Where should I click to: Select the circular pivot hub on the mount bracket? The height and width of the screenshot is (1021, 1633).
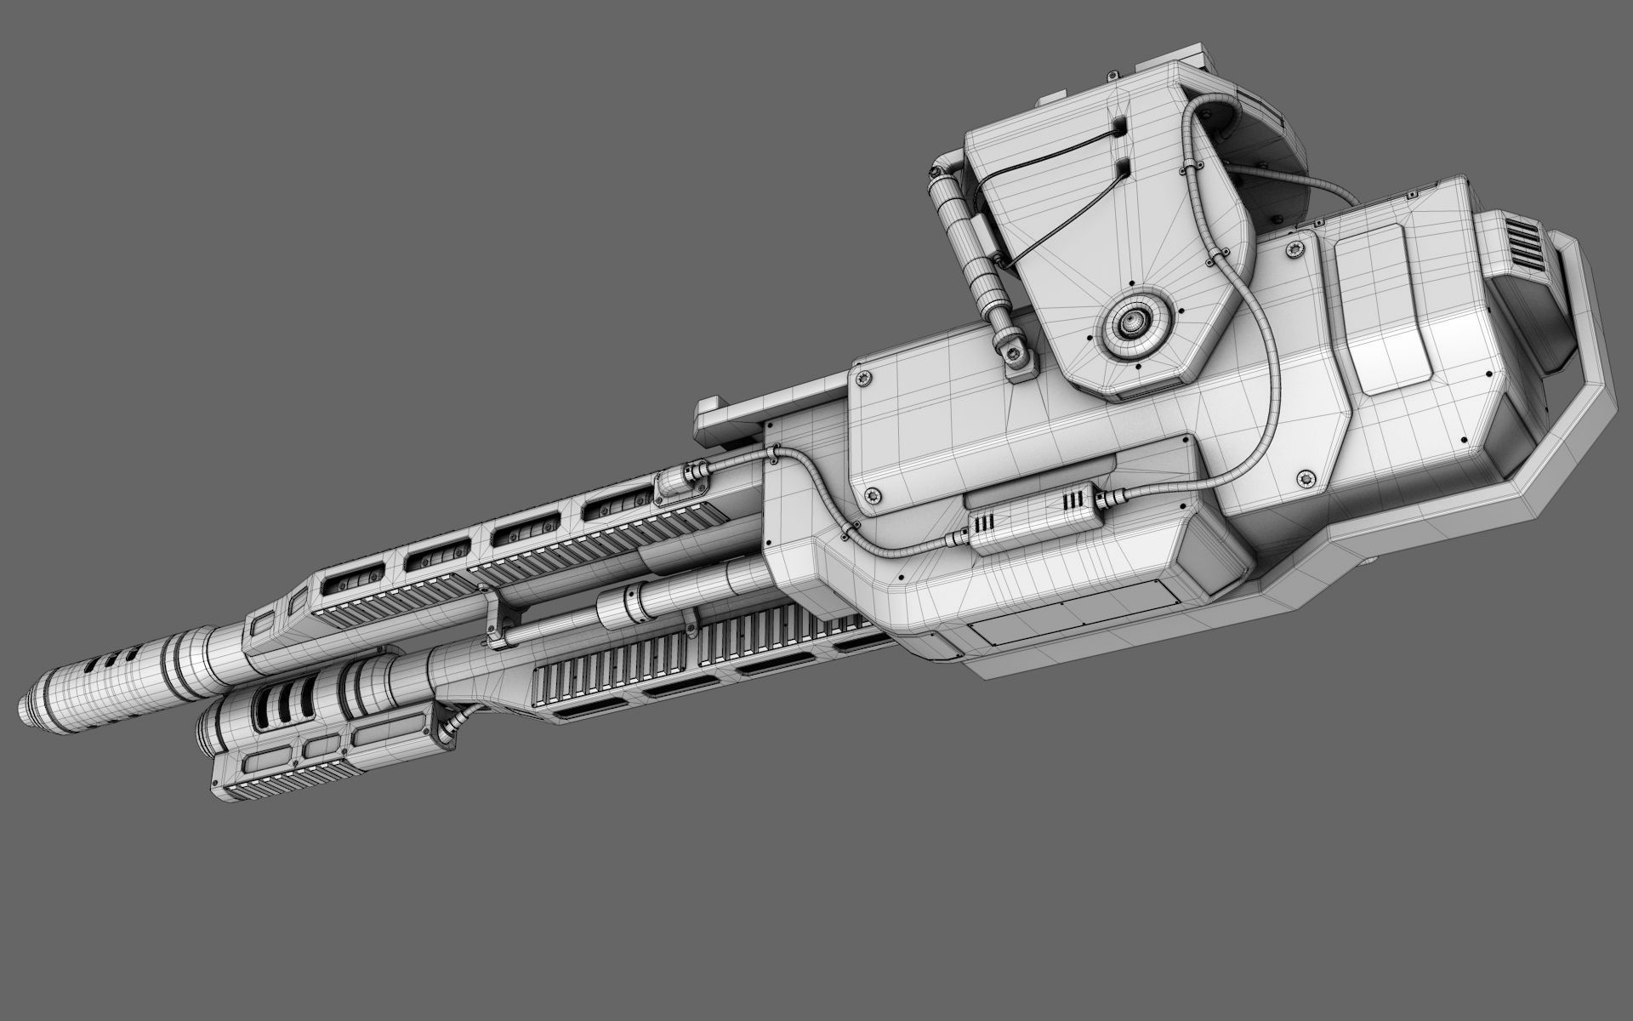[x=1131, y=321]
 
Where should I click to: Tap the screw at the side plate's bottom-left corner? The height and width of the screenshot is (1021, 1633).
[x=871, y=493]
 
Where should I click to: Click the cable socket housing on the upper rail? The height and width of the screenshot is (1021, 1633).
[x=676, y=492]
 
